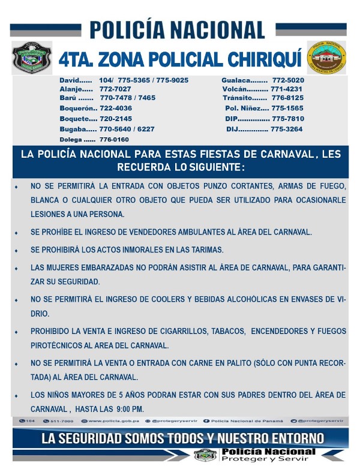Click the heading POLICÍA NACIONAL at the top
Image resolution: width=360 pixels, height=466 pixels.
[178, 29]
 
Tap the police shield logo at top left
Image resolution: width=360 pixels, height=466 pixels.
[32, 58]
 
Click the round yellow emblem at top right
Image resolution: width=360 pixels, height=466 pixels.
[326, 58]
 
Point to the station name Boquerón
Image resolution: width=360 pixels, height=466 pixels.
[77, 108]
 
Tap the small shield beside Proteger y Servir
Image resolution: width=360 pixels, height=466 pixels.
[205, 455]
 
